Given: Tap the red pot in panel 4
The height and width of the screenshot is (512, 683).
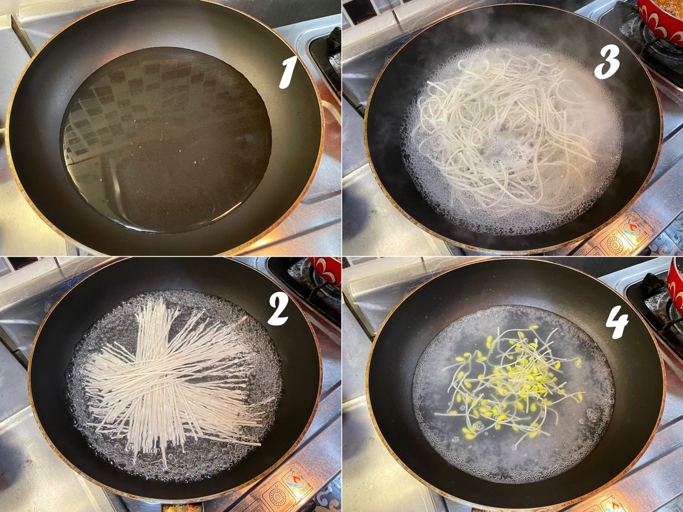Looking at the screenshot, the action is pos(675,286).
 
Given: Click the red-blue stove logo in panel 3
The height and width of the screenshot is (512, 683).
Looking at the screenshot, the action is pos(632,229).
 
